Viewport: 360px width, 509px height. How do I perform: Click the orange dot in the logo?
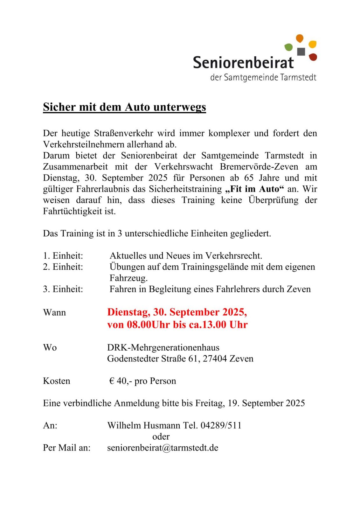click(x=300, y=38)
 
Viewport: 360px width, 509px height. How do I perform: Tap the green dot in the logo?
click(x=288, y=47)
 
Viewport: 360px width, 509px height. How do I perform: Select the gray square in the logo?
click(x=301, y=51)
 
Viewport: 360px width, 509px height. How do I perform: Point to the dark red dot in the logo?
click(x=313, y=57)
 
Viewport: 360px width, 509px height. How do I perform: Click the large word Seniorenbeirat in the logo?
click(x=243, y=62)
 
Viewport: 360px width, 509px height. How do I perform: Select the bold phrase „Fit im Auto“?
click(x=254, y=189)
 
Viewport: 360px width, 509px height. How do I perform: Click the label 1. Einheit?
click(x=63, y=256)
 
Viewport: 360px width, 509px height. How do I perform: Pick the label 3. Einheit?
click(x=63, y=289)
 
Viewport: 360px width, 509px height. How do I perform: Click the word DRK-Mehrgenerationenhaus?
click(x=163, y=347)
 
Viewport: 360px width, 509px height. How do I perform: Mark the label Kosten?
click(x=57, y=381)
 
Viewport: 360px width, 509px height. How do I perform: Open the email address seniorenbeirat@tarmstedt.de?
click(x=163, y=448)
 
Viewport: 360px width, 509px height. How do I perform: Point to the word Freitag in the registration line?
click(x=210, y=403)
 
